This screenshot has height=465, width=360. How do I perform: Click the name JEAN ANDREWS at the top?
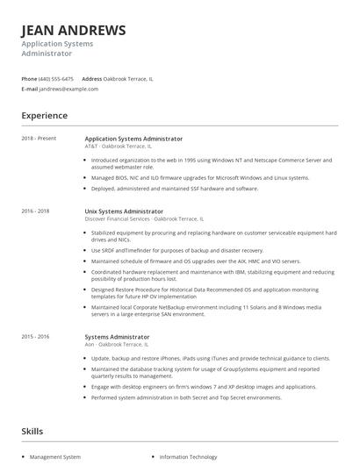pos(74,30)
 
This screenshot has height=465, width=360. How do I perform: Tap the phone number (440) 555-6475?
pos(57,78)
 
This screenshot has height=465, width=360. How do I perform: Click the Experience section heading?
pos(44,116)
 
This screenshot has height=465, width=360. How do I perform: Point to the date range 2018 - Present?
pos(40,139)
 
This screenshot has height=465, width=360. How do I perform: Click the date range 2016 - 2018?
pos(36,211)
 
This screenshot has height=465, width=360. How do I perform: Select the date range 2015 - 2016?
pos(36,337)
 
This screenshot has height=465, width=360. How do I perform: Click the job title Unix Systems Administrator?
pos(124,211)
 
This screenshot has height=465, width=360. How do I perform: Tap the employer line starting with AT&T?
pos(118,146)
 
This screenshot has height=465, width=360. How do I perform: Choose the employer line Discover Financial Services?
pos(144,218)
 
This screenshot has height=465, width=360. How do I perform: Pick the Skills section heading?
pos(32,431)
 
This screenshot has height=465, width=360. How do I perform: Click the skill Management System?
pos(54,456)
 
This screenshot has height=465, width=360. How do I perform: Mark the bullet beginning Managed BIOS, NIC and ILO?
pos(188,178)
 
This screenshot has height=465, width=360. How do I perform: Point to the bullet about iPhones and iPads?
pos(210,358)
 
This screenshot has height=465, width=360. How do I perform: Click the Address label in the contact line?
pos(92,78)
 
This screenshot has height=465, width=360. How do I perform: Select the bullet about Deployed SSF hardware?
pos(174,189)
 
